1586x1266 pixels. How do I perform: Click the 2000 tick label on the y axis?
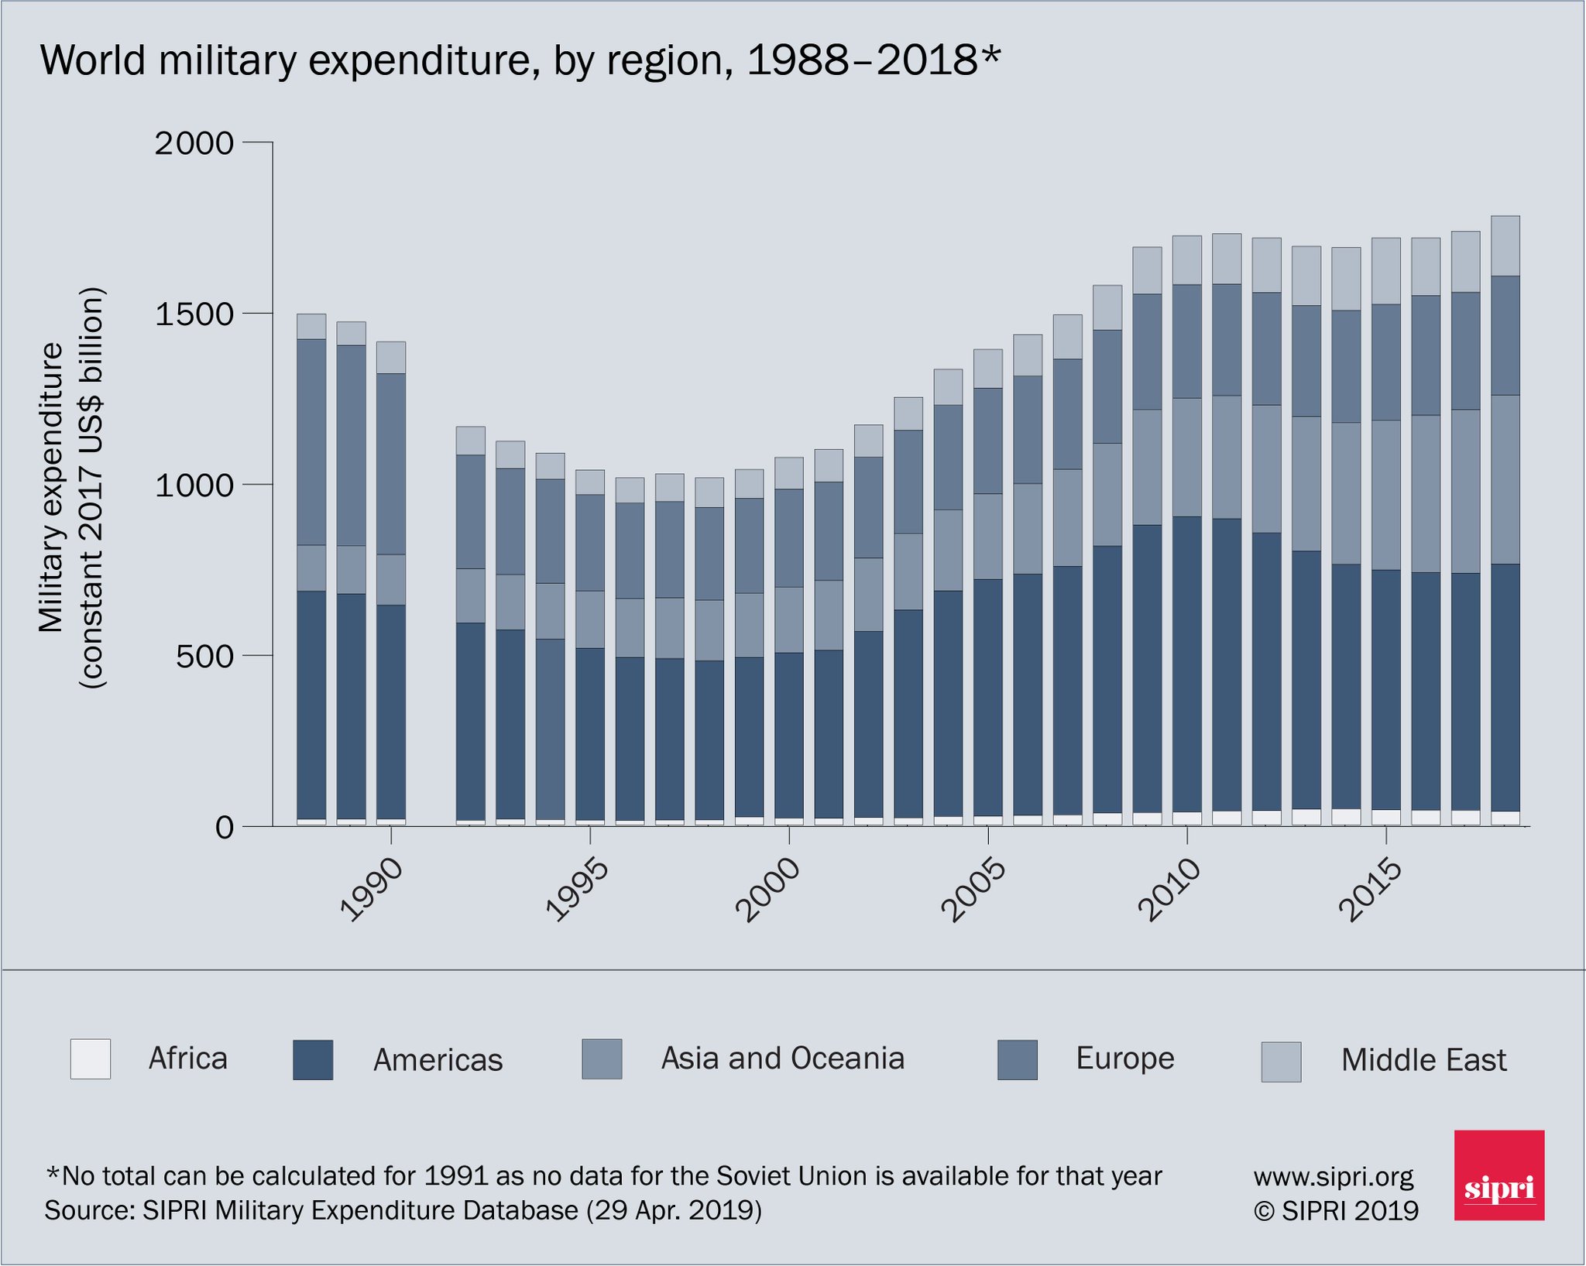click(x=194, y=143)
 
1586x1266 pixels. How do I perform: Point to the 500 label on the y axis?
click(x=204, y=657)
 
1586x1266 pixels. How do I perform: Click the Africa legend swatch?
click(x=90, y=1059)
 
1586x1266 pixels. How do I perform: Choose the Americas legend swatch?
click(x=313, y=1060)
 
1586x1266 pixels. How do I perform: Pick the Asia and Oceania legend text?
click(x=782, y=1058)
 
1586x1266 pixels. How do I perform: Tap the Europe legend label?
click(x=1124, y=1058)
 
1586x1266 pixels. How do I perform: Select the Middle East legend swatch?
click(x=1281, y=1062)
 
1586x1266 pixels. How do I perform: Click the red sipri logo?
click(x=1498, y=1175)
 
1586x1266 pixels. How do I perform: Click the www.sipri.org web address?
click(x=1334, y=1177)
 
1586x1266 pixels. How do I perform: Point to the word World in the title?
click(x=93, y=60)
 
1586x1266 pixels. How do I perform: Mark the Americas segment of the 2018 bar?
click(x=1505, y=688)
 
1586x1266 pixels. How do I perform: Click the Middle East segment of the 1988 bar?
click(x=311, y=327)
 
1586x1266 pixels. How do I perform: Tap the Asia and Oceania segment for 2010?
click(x=1186, y=458)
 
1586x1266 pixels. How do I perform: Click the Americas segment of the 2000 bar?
click(x=788, y=736)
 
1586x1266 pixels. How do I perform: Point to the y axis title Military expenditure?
click(x=51, y=488)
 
